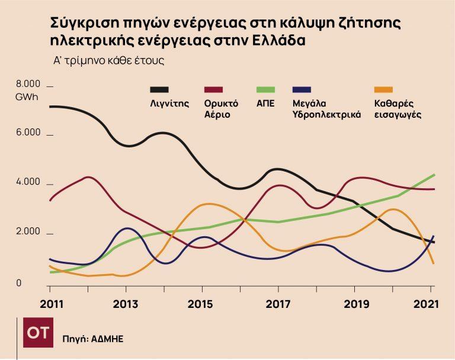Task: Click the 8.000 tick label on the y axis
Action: click(28, 83)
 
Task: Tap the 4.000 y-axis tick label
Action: click(28, 182)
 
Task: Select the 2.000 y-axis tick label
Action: click(28, 232)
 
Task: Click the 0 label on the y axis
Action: click(19, 284)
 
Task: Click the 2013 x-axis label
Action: click(126, 304)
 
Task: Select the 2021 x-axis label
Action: click(426, 304)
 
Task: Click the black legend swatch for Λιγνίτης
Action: click(159, 89)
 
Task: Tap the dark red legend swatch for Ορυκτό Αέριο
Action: click(213, 89)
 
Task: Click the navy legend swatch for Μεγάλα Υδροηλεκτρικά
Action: click(302, 89)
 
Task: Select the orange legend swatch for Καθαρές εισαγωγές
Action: click(384, 89)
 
